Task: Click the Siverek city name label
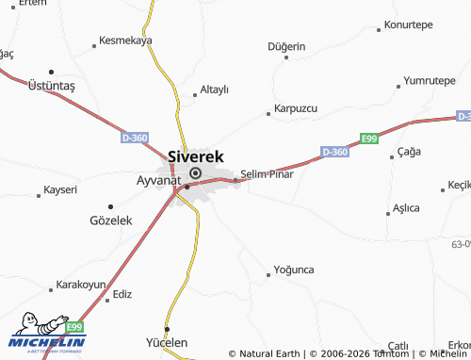click(x=195, y=155)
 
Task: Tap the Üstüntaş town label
click(x=52, y=85)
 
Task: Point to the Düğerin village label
click(x=286, y=46)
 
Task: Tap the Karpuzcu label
click(x=295, y=108)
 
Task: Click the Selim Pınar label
click(x=268, y=174)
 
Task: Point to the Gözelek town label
click(x=111, y=220)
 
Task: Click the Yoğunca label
click(x=292, y=270)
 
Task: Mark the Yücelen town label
click(x=167, y=342)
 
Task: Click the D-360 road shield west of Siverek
click(x=135, y=138)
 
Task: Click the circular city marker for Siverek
click(x=195, y=173)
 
